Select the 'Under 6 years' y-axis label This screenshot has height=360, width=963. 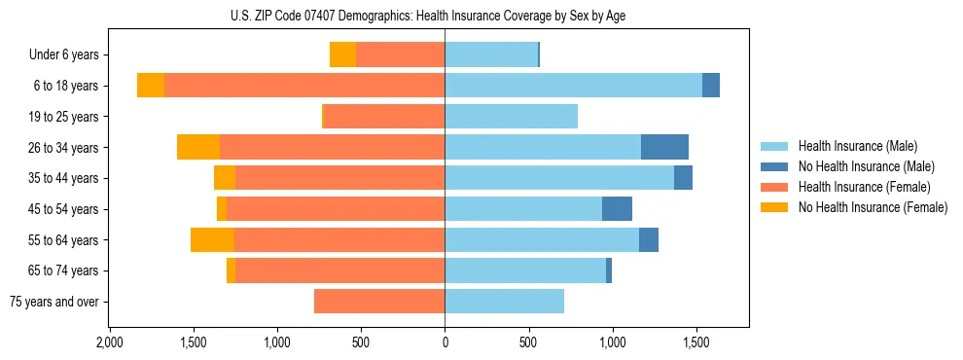point(69,55)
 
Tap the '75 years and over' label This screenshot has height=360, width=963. point(54,302)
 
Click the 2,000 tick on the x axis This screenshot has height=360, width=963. point(109,343)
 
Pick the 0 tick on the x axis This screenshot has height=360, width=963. point(445,343)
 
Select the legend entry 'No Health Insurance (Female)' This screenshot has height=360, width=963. point(873,207)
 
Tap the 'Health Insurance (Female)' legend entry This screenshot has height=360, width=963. point(864,187)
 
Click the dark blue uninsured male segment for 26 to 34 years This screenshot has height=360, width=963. point(664,147)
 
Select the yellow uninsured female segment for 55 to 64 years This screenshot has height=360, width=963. point(212,239)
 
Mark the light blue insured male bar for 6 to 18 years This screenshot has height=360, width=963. point(573,86)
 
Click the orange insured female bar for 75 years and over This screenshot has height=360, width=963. point(379,302)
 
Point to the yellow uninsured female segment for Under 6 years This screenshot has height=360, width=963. point(342,54)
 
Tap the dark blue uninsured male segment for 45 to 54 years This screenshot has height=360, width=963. point(617,209)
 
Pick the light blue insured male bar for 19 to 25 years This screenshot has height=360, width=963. point(511,117)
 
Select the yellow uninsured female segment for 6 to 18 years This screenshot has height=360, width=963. point(151,86)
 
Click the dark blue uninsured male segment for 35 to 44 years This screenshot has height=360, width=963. point(683,178)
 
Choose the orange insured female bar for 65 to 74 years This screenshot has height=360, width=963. point(339,270)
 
